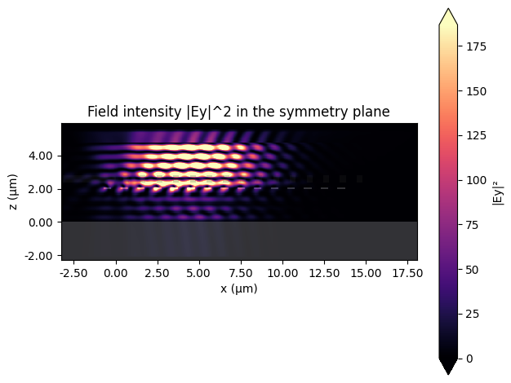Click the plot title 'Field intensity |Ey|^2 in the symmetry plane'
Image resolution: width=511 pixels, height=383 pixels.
point(238,112)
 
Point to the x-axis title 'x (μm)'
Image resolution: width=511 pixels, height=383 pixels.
point(238,288)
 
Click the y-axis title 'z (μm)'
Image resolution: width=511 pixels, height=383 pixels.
point(14,189)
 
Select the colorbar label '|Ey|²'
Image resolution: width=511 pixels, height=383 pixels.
point(497,191)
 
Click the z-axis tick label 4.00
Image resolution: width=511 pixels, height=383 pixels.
point(42,156)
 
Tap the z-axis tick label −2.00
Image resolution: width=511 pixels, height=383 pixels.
point(40,256)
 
